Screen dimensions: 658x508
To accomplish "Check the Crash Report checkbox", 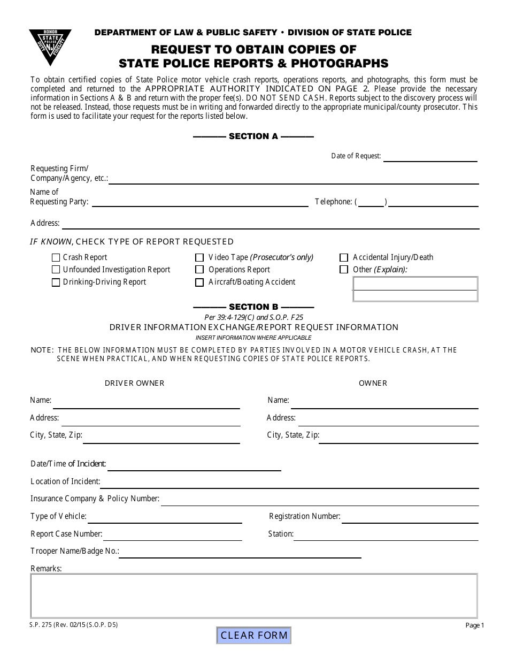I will (x=56, y=257).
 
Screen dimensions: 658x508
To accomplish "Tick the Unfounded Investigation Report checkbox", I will (x=56, y=270).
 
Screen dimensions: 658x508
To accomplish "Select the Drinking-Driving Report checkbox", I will (x=56, y=282).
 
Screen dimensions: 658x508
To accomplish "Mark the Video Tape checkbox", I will (x=199, y=257).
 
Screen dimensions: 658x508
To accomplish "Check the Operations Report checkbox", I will (x=199, y=270).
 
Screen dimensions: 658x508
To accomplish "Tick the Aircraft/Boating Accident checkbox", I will (x=199, y=282).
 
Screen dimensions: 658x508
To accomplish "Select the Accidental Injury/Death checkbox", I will (x=344, y=257).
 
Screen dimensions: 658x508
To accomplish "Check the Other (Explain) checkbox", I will (x=344, y=270).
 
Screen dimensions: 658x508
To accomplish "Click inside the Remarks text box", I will (x=253, y=595).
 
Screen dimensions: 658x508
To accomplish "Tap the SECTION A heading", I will (x=253, y=136).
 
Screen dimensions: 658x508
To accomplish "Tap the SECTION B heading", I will (x=253, y=307).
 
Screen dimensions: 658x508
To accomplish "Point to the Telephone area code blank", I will (x=371, y=202).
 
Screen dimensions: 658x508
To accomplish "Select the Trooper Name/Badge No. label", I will (x=74, y=551).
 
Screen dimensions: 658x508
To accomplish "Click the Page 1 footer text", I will (x=474, y=625).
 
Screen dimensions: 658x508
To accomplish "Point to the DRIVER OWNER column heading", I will (x=134, y=383).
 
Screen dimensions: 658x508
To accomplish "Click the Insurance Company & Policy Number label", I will (x=95, y=499).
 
